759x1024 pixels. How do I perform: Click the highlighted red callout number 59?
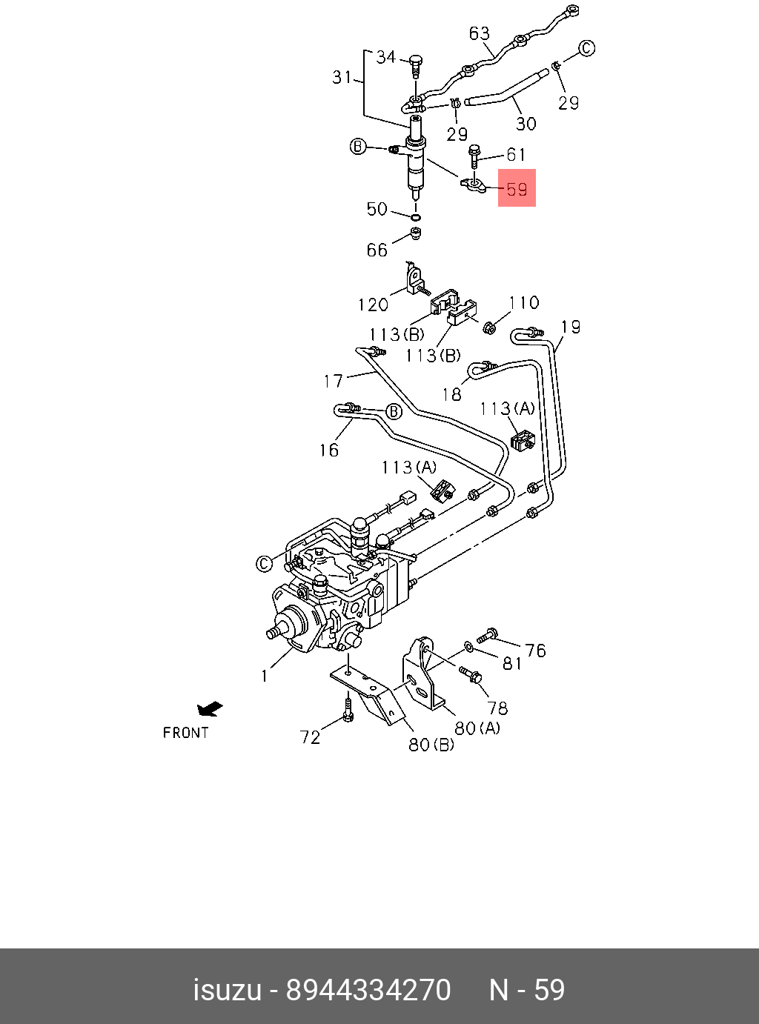pos(516,189)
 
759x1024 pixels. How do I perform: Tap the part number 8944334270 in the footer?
pos(368,990)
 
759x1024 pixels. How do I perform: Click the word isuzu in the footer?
pos(227,990)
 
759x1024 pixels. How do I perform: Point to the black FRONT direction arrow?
pos(210,709)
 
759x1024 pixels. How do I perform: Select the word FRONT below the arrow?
pos(185,733)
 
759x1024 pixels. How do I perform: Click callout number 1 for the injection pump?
pos(264,675)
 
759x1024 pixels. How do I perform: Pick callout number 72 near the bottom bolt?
pos(310,737)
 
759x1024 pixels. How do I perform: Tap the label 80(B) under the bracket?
pos(431,744)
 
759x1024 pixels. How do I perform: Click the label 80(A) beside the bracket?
pos(477,728)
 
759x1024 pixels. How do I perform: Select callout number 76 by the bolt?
pos(535,651)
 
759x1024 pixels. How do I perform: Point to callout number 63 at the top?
pos(480,33)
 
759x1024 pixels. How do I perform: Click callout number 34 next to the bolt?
pos(386,57)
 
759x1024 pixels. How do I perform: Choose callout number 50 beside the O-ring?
pos(377,209)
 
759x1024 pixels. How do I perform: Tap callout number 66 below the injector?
pos(377,250)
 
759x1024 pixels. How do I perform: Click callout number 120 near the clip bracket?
pos(373,305)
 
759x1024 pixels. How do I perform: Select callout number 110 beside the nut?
pos(524,302)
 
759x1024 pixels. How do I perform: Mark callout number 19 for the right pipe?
pos(570,327)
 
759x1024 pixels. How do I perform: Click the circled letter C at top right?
pos(586,49)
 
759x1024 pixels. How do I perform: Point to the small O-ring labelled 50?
pos(416,218)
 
